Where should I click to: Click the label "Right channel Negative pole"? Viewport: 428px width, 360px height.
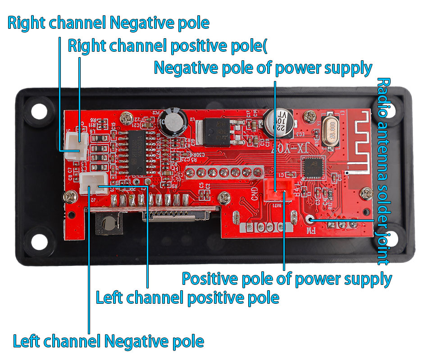tap(108, 23)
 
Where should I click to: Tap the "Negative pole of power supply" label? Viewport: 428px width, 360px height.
tap(263, 68)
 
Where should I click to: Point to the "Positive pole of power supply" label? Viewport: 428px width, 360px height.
tap(287, 279)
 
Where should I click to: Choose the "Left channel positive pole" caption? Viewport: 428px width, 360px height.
tap(187, 297)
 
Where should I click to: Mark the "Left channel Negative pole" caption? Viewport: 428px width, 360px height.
tap(108, 341)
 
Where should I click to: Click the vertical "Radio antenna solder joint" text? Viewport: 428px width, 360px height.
tap(383, 171)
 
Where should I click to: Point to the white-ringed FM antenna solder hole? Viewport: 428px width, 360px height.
tap(310, 220)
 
